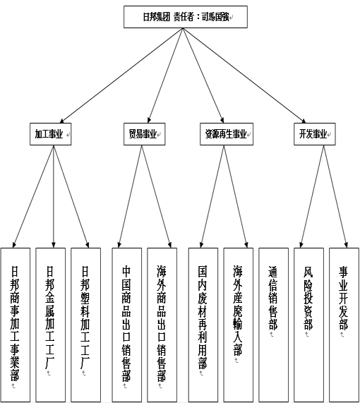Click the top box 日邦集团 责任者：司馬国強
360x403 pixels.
[x=186, y=17]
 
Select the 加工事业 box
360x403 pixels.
[x=50, y=134]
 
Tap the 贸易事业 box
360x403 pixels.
[x=144, y=134]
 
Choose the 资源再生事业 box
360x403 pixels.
[x=227, y=134]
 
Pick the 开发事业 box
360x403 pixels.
[x=315, y=134]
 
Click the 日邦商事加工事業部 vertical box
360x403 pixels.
[x=16, y=325]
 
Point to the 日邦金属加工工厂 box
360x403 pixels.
[x=50, y=325]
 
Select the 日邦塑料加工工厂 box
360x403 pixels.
[x=85, y=325]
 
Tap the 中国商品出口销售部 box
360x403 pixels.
[x=127, y=325]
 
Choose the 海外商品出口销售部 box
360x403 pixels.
[x=162, y=325]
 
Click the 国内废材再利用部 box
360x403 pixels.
[x=203, y=325]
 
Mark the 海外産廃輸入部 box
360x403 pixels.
[x=239, y=325]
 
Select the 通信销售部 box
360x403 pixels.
[x=273, y=325]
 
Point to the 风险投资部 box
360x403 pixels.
[x=308, y=325]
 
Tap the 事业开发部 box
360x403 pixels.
[x=344, y=325]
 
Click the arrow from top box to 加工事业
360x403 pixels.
[x=121, y=76]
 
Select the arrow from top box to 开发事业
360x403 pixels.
[x=244, y=76]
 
